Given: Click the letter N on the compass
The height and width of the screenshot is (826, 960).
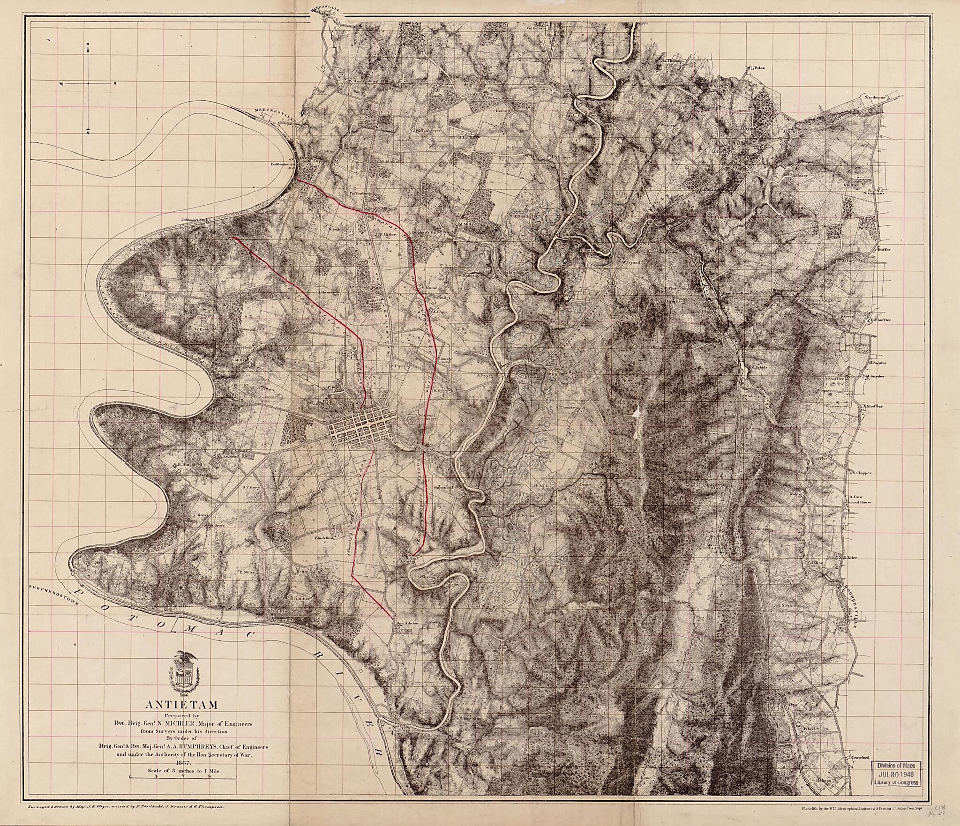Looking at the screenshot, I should click(88, 45).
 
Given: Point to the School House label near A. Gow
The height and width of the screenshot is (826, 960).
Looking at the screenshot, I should click(859, 502).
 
